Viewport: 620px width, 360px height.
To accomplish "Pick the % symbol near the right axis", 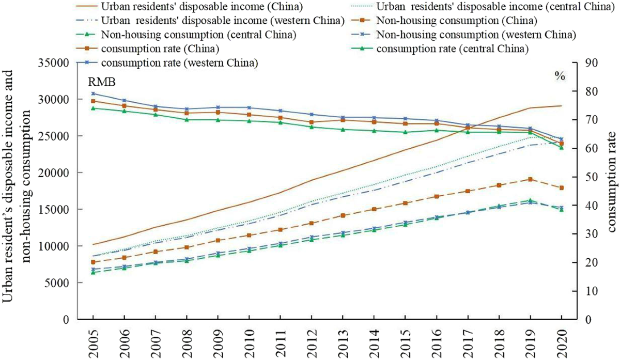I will tap(560, 75).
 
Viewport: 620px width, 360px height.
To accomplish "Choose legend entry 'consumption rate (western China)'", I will tap(180, 63).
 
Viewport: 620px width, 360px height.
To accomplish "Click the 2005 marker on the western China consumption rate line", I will tap(93, 94).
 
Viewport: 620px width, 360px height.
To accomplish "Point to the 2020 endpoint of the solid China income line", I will tap(562, 106).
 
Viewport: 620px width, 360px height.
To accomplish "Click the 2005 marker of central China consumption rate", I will tap(93, 108).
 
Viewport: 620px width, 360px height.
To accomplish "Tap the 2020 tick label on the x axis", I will tap(562, 341).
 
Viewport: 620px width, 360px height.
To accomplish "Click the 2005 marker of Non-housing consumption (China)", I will tap(93, 262).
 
